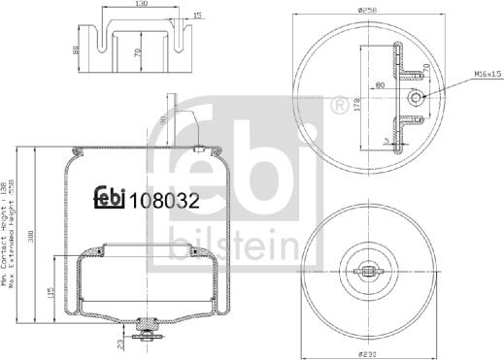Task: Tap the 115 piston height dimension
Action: [52, 291]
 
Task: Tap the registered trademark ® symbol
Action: [339, 102]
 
